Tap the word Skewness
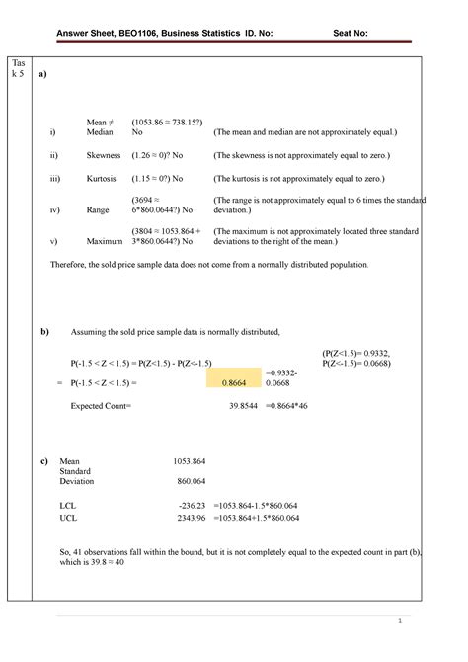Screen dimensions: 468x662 pos(103,156)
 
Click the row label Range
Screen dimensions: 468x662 pos(98,210)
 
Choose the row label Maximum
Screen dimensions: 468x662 pos(105,241)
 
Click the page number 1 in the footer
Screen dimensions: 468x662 pos(400,621)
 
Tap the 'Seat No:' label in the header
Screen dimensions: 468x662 pos(350,32)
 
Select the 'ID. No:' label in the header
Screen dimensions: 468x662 pos(257,32)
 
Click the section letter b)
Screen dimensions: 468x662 pos(45,331)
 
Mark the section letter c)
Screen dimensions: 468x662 pos(44,460)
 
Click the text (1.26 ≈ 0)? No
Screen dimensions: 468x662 pos(165,156)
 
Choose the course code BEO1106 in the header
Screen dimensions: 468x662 pos(141,32)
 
